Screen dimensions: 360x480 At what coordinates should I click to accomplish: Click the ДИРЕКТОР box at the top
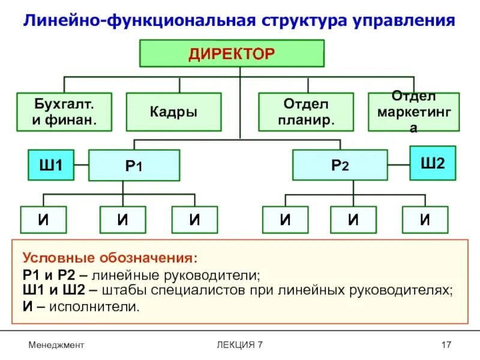pos(232,53)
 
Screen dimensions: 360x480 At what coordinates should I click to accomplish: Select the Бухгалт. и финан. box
pos(64,112)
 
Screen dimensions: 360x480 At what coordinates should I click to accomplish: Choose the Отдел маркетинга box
pos(413,112)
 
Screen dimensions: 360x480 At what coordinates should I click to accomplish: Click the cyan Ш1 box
pos(51,165)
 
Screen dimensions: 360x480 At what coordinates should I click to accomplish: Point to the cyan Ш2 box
pos(433,163)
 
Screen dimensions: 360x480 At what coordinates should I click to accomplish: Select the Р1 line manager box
pos(134,166)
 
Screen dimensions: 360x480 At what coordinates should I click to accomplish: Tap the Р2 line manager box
pos(340,165)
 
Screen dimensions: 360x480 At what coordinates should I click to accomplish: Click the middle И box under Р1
pos(122,220)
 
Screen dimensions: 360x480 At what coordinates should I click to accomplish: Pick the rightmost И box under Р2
pos(425,220)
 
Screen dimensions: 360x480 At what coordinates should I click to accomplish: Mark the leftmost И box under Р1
pos(44,220)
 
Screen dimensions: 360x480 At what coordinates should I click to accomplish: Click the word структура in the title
pos(302,21)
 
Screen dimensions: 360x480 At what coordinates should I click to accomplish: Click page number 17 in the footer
pos(446,344)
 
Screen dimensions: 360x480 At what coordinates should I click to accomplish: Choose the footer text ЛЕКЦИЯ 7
pos(240,344)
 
